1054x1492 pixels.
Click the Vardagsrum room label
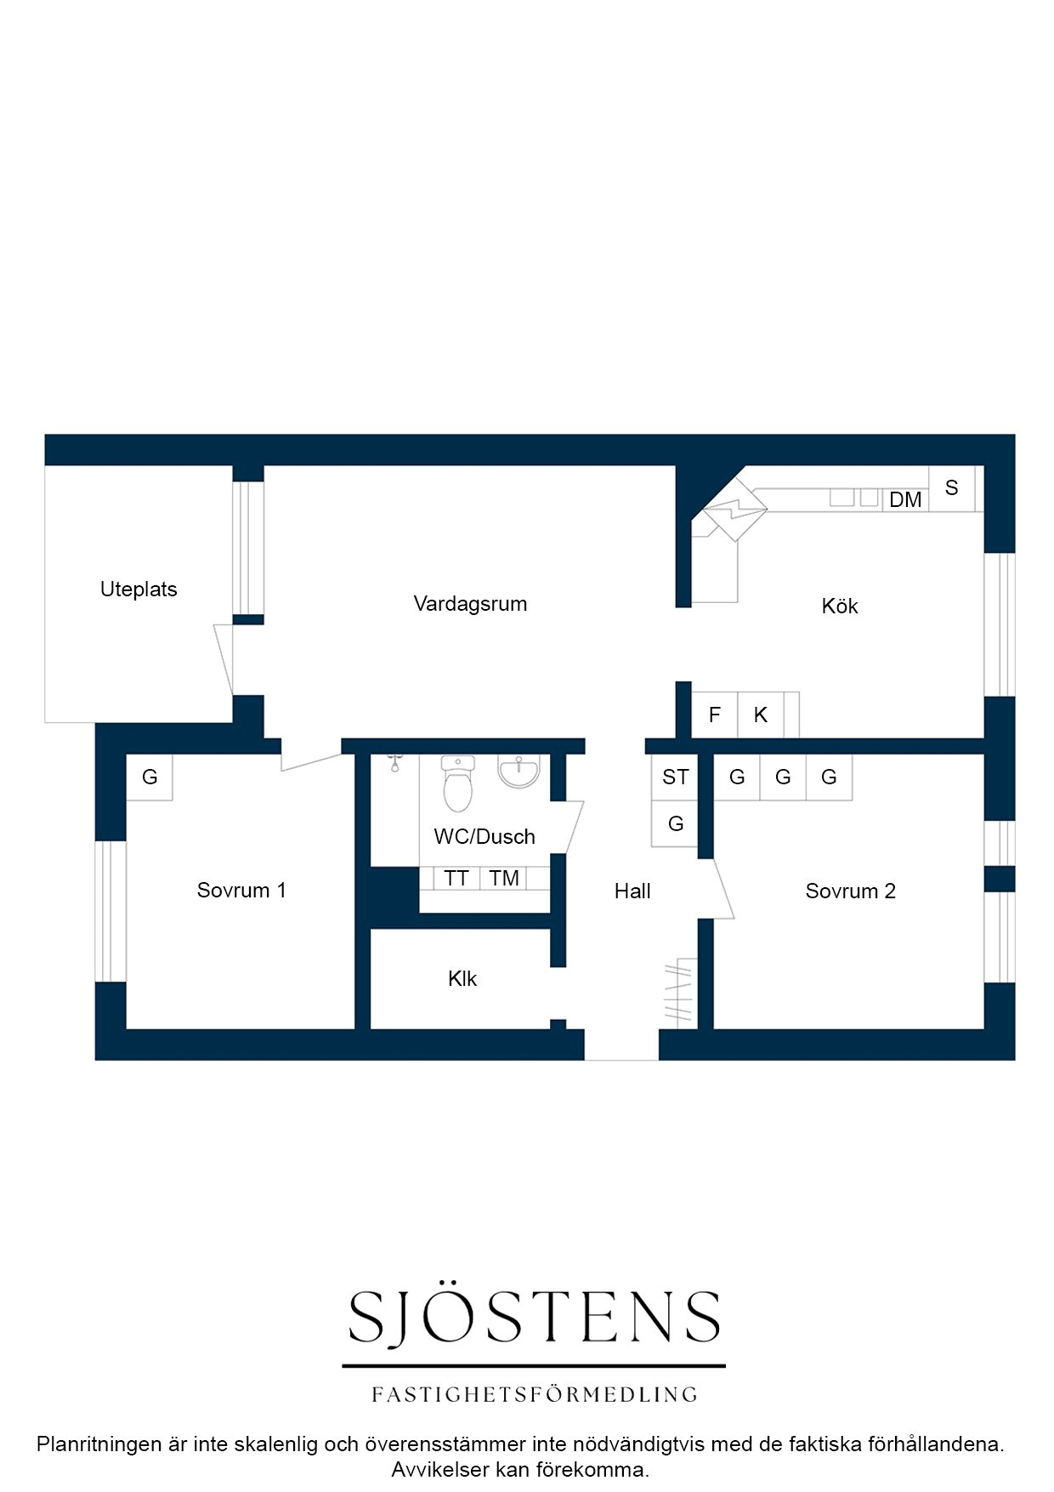[x=470, y=604]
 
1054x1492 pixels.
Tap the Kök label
[x=840, y=606]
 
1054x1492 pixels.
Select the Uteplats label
[x=139, y=589]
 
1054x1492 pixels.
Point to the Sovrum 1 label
[x=241, y=890]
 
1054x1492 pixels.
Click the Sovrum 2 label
[x=850, y=891]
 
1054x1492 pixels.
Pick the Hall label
[x=632, y=891]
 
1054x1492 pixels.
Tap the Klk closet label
[x=462, y=978]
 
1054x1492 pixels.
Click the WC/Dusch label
[x=484, y=836]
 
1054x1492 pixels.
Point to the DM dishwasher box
[x=905, y=500]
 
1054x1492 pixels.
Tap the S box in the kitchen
[x=952, y=488]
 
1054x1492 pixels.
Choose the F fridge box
[x=714, y=715]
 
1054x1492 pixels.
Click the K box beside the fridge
[x=761, y=715]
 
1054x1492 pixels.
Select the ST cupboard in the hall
[x=675, y=777]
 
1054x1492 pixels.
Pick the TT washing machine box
[x=456, y=879]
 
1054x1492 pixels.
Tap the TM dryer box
[x=504, y=879]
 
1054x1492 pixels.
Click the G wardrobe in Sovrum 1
[x=150, y=777]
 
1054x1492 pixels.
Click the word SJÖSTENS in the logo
[x=534, y=1317]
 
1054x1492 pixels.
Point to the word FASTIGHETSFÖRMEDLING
[x=534, y=1394]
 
